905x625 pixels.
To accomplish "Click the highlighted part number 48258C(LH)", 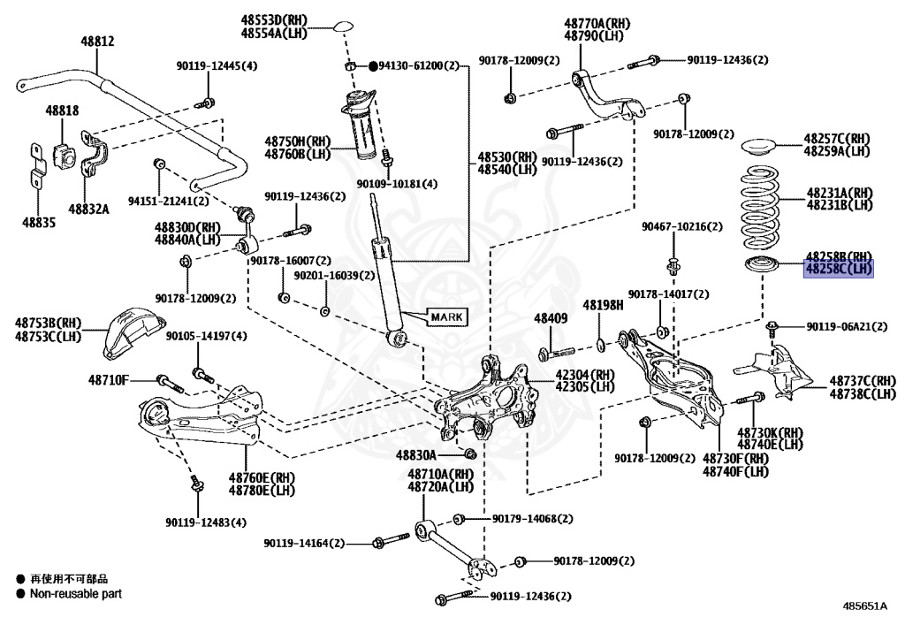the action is tap(839, 269).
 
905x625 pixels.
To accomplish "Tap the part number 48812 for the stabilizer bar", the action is tap(97, 41).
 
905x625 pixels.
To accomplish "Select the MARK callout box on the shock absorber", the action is tap(446, 316).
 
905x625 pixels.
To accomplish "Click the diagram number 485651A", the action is tap(864, 606).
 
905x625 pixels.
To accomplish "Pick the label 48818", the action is tap(63, 111).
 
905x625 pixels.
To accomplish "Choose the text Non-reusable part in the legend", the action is tap(76, 593).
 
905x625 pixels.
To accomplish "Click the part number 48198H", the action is tap(603, 305).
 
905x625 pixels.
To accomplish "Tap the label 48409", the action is tap(551, 318).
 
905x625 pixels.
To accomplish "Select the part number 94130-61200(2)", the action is tap(418, 65).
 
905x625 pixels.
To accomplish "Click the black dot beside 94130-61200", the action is tap(373, 66).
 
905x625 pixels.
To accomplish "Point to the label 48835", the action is tap(39, 222).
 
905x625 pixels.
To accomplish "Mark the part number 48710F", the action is tap(109, 380).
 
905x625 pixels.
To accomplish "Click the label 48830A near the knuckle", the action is tap(416, 455).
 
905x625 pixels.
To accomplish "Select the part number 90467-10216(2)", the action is tap(681, 227).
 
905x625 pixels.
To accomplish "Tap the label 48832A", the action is tap(89, 209).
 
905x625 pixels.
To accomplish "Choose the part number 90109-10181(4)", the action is tap(397, 184).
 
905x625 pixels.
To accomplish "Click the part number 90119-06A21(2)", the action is tap(847, 326).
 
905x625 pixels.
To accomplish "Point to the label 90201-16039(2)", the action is tap(334, 276).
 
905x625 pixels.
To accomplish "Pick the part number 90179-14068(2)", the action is tap(532, 519).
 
